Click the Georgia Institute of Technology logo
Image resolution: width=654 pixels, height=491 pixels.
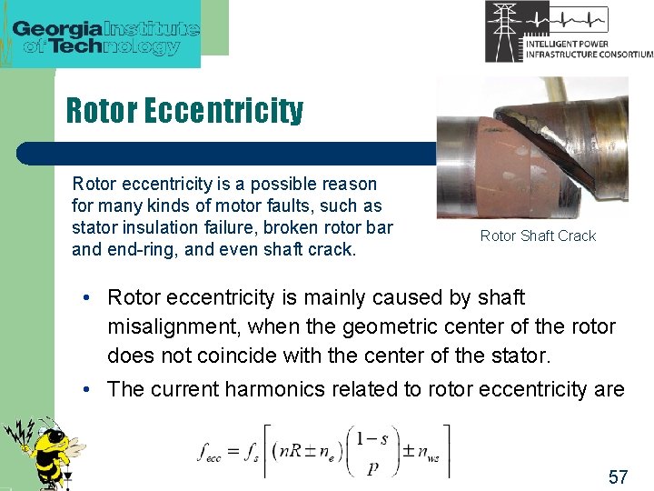pyautogui.click(x=104, y=35)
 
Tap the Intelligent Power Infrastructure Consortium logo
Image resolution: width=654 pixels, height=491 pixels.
pyautogui.click(x=569, y=31)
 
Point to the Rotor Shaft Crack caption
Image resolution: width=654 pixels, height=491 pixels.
pyautogui.click(x=538, y=236)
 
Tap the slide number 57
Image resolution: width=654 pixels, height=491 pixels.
pyautogui.click(x=618, y=476)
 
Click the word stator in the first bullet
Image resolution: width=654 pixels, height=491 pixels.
pyautogui.click(x=550, y=355)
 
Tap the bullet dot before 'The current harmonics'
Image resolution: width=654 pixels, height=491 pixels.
pyautogui.click(x=84, y=390)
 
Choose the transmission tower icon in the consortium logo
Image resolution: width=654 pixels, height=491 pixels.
pyautogui.click(x=504, y=31)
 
